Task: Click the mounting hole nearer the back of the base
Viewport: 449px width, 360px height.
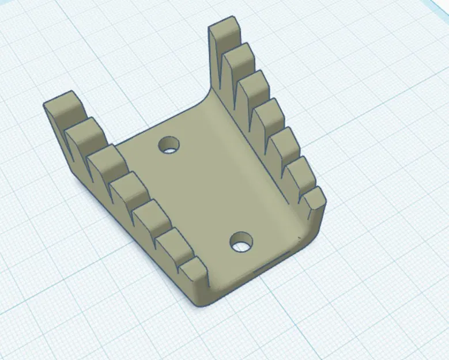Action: [169, 145]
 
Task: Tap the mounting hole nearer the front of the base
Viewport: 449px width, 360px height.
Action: [241, 242]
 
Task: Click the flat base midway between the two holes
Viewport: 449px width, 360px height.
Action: [205, 193]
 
